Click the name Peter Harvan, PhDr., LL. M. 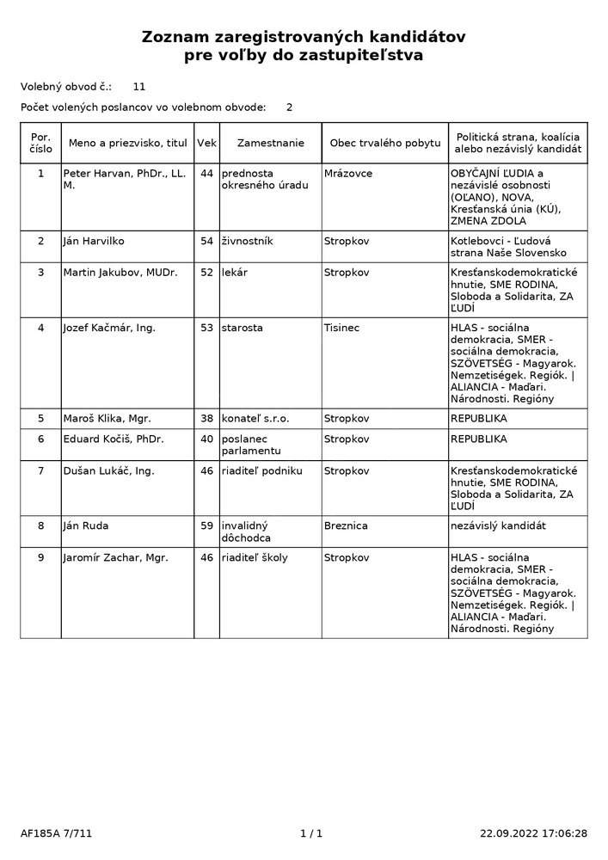click(125, 179)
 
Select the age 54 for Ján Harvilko click(206, 241)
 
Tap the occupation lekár click(233, 273)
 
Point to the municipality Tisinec click(342, 328)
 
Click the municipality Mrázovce click(348, 173)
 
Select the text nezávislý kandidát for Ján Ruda click(499, 525)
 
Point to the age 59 click(206, 525)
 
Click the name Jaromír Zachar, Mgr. click(115, 557)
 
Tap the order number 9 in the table click(40, 557)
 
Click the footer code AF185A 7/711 click(56, 833)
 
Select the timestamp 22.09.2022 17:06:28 click(533, 833)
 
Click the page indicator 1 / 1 click(311, 833)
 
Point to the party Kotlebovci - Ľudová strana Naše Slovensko click(508, 247)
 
